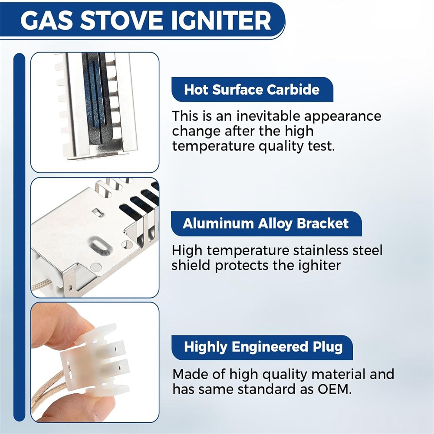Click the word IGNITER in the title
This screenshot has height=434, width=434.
click(221, 20)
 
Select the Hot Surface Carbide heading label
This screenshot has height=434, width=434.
click(252, 89)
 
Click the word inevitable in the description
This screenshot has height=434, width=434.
click(268, 116)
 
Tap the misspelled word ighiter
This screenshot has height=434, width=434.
click(319, 266)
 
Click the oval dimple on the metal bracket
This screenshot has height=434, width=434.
click(100, 246)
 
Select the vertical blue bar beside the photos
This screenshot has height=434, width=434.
click(19, 237)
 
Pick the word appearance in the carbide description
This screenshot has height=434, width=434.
click(342, 116)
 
